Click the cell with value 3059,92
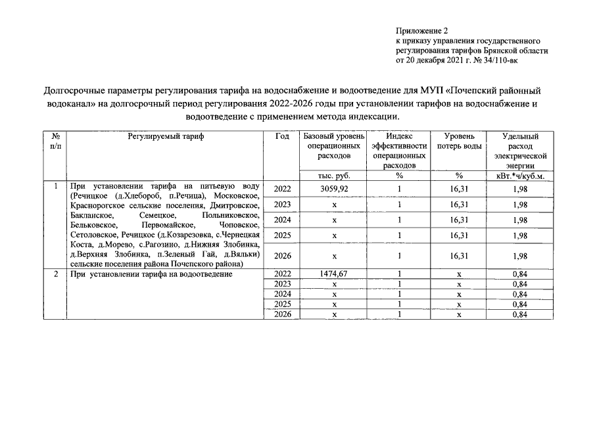[334, 189]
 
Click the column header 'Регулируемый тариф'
[166, 136]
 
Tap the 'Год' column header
[283, 136]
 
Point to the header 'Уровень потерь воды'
[459, 141]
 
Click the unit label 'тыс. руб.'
[334, 176]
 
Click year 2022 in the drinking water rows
[283, 189]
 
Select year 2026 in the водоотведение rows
[283, 314]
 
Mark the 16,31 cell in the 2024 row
[459, 220]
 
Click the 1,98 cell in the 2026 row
[519, 256]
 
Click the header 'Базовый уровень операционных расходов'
[334, 146]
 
